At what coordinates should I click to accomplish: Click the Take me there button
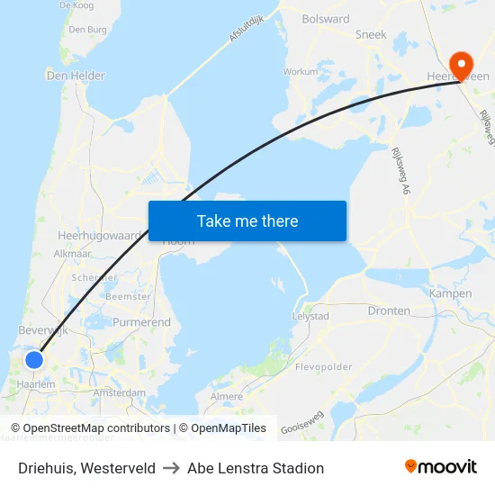pyautogui.click(x=247, y=220)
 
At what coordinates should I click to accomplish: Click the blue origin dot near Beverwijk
pyautogui.click(x=34, y=360)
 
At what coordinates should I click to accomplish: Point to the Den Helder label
pyautogui.click(x=76, y=76)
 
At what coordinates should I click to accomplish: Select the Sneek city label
pyautogui.click(x=371, y=35)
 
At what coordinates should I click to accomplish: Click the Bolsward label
pyautogui.click(x=326, y=19)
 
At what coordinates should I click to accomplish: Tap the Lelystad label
pyautogui.click(x=310, y=317)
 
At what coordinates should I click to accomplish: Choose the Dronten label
pyautogui.click(x=389, y=310)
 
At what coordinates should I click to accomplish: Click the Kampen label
pyautogui.click(x=450, y=293)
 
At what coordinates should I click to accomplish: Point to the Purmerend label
pyautogui.click(x=141, y=321)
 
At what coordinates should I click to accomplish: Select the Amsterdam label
pyautogui.click(x=119, y=393)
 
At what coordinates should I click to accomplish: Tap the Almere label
pyautogui.click(x=226, y=397)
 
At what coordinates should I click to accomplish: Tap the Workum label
pyautogui.click(x=300, y=71)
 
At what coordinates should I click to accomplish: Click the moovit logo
pyautogui.click(x=440, y=467)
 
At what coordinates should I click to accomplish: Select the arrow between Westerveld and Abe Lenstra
pyautogui.click(x=171, y=468)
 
